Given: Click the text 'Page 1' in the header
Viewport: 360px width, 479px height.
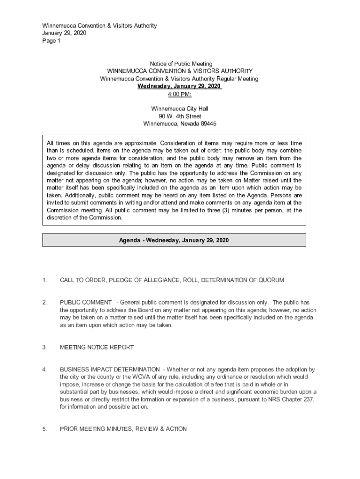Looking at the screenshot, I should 51,41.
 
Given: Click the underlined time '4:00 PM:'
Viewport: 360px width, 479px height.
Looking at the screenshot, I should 180,94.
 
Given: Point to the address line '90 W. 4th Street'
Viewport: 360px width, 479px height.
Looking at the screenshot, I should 180,116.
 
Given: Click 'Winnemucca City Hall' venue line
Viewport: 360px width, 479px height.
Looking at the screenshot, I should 180,109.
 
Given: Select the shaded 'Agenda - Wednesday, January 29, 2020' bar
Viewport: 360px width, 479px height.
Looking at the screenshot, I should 174,240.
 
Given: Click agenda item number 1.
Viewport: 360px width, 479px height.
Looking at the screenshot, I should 44,280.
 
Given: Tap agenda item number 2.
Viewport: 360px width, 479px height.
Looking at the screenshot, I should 44,303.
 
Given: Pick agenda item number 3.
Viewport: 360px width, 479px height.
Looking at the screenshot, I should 44,347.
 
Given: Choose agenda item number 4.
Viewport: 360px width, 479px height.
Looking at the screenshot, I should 44,370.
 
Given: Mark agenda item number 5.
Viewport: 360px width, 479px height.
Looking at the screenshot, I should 44,428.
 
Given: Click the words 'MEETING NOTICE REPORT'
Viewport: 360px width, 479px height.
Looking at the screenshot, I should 97,347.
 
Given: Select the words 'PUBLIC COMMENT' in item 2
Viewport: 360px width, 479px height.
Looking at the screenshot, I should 86,303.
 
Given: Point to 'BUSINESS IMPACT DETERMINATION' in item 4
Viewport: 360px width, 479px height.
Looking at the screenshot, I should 110,370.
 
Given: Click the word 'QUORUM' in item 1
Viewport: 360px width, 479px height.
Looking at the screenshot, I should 271,280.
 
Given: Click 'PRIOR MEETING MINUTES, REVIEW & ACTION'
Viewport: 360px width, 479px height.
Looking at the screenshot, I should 123,428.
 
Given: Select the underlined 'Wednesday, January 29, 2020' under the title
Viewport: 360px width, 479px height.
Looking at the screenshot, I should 179,87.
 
